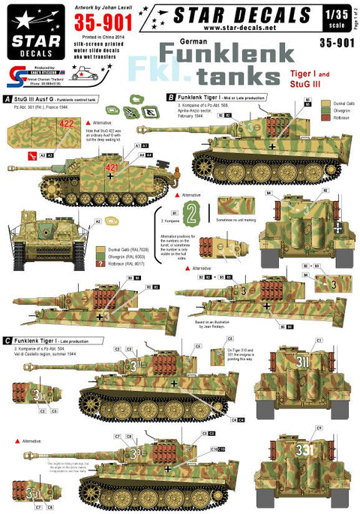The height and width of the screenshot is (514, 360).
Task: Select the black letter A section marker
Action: tap(7, 98)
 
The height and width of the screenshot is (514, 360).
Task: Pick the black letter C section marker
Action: tap(7, 340)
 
